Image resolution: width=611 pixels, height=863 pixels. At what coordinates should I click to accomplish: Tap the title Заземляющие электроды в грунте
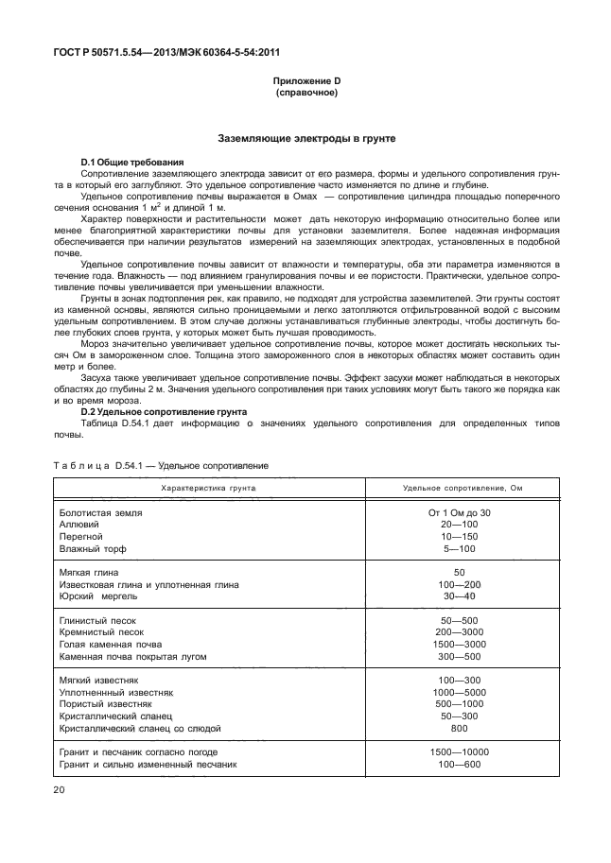point(306,138)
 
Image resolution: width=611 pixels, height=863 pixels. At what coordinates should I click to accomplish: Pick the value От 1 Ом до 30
point(460,511)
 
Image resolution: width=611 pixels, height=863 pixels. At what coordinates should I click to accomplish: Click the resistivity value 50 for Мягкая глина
point(460,573)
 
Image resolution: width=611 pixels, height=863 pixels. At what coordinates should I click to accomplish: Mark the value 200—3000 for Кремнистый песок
point(460,631)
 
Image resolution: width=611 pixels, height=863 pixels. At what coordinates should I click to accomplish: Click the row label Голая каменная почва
point(118,644)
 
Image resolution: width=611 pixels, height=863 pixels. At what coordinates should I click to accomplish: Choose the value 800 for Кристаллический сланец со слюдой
point(460,729)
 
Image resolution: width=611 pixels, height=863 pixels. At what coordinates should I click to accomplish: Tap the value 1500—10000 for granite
point(460,752)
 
